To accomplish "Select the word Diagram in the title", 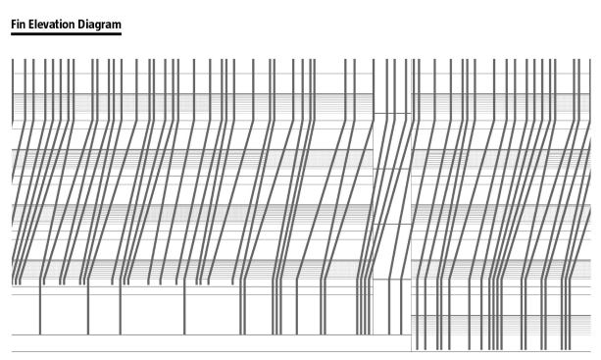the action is (x=100, y=25).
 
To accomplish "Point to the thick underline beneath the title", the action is (x=66, y=33).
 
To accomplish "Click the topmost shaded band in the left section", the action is (x=192, y=102).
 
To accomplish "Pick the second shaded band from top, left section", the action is (x=192, y=158).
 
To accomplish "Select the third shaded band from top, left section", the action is (x=192, y=213).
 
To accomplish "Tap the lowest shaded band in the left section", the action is (x=192, y=269).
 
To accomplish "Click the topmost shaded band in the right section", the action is (x=501, y=102).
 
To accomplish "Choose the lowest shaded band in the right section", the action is (x=501, y=324).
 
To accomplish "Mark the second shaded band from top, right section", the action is (x=501, y=158).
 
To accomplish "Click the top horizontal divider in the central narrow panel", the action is (x=392, y=113).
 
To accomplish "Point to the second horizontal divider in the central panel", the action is (x=392, y=169).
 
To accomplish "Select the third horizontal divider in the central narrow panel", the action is (x=392, y=224).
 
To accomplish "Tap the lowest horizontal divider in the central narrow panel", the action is (x=392, y=280).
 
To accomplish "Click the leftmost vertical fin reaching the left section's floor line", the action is (x=40, y=310).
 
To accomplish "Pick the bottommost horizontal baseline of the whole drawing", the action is (x=301, y=351).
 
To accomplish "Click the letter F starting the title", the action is (x=14, y=25).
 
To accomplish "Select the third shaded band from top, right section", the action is (x=501, y=213).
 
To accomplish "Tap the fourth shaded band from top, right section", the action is (x=501, y=269).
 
